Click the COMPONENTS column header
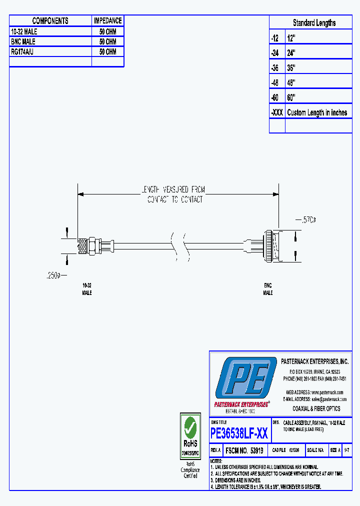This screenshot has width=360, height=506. tap(50, 21)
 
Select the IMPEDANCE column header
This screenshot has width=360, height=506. tap(107, 21)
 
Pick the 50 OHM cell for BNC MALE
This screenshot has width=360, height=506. tap(107, 41)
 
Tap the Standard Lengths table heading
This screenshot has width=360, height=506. tap(314, 23)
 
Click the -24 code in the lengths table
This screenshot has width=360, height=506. tap(275, 52)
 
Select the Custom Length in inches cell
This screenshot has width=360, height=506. tap(317, 112)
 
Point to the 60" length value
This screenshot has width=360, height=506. tap(291, 97)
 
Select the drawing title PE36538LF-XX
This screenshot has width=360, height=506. tap(239, 433)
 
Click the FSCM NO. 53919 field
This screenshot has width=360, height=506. tap(244, 450)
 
